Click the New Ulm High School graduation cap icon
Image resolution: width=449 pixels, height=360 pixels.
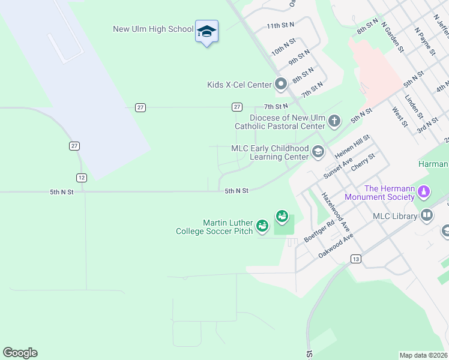click(x=206, y=31)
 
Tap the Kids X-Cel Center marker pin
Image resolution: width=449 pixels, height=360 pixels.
click(x=280, y=84)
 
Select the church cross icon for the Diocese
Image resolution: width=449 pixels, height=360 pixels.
click(x=334, y=122)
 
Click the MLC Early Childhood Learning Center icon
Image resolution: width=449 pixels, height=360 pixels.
click(x=318, y=152)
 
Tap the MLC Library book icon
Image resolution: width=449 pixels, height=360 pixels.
click(x=427, y=215)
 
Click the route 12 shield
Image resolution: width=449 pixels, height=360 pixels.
click(x=82, y=177)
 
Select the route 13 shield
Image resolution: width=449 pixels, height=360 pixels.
click(x=356, y=258)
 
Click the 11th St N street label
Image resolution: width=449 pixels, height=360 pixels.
click(x=281, y=25)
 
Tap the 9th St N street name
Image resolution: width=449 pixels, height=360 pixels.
click(x=298, y=57)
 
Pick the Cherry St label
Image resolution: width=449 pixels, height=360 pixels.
click(x=363, y=162)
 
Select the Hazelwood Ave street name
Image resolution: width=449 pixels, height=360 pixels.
click(x=336, y=212)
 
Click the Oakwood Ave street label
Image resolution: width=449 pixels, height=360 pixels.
click(x=336, y=246)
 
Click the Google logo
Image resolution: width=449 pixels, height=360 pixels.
click(x=20, y=353)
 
